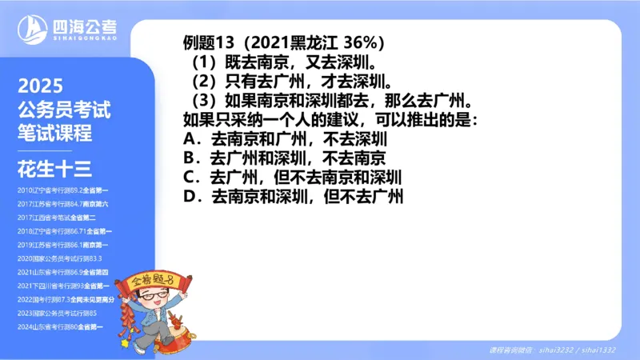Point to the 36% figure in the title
pyautogui.click(x=370, y=42)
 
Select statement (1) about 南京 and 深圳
pyautogui.click(x=285, y=62)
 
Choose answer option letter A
pyautogui.click(x=190, y=140)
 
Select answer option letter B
pyautogui.click(x=190, y=158)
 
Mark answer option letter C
pyautogui.click(x=190, y=177)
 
